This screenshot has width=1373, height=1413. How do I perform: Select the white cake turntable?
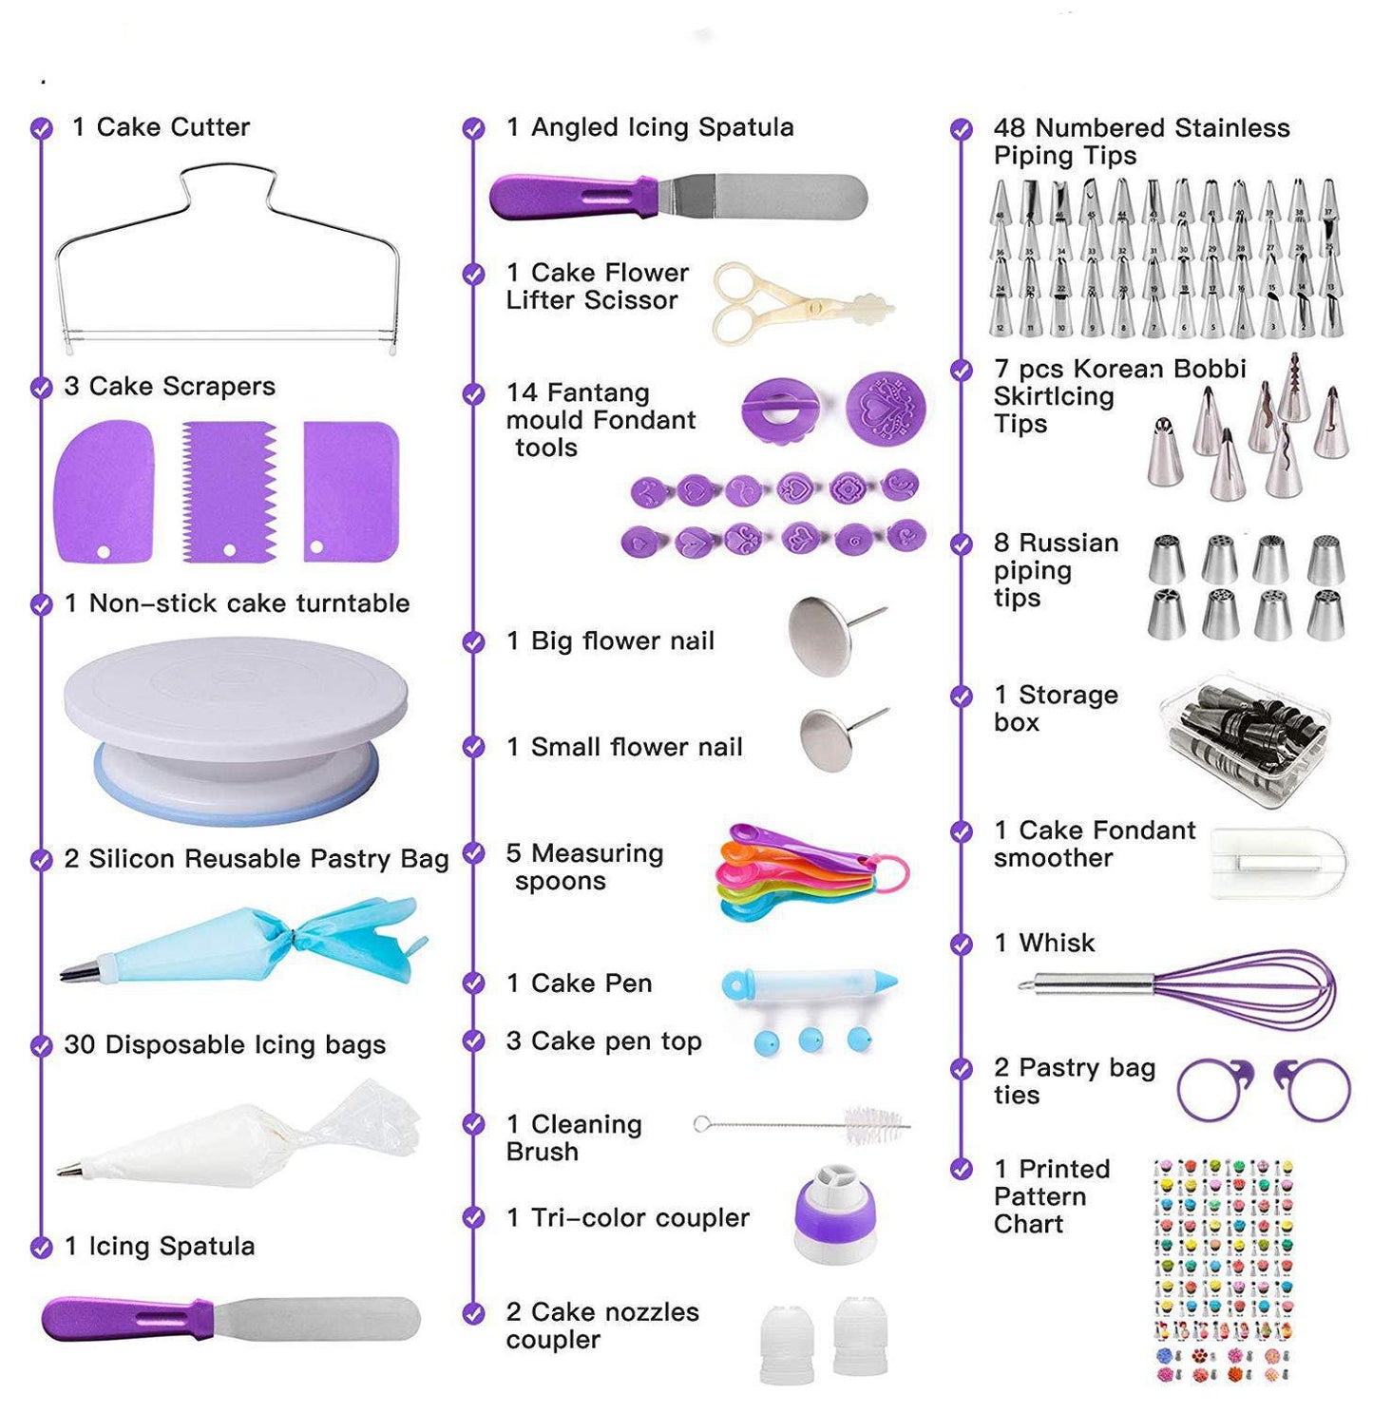pyautogui.click(x=236, y=722)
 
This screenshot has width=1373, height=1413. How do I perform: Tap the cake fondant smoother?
pyautogui.click(x=1277, y=860)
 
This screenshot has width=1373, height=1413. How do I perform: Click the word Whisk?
pyautogui.click(x=1057, y=943)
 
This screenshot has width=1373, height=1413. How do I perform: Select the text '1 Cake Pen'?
pyautogui.click(x=580, y=983)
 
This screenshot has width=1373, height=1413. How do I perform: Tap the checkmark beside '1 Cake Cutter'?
pyautogui.click(x=41, y=127)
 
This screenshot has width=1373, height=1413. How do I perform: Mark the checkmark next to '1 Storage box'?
pyautogui.click(x=962, y=697)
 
